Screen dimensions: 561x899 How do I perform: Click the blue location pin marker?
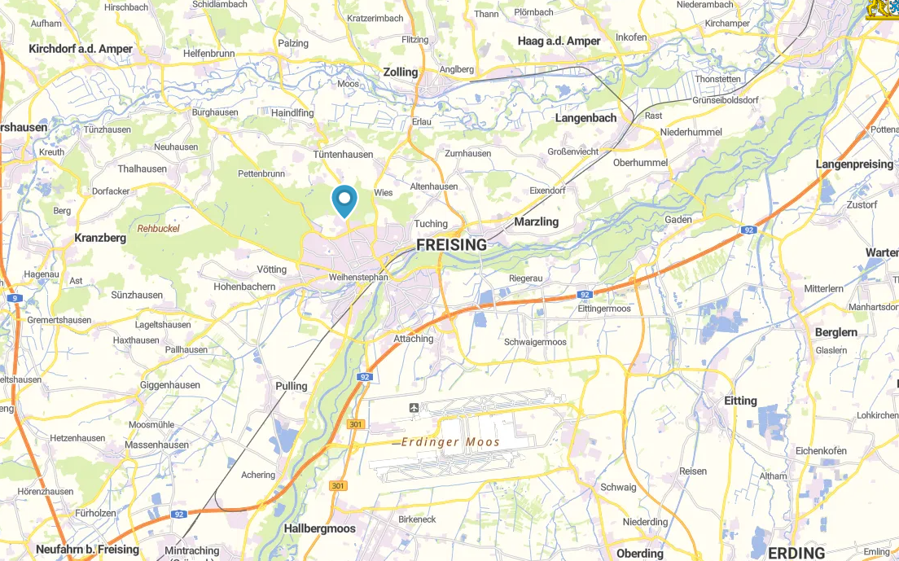point(345,200)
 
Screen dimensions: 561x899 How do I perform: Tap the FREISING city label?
point(451,244)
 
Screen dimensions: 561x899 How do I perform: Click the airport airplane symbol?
point(414,407)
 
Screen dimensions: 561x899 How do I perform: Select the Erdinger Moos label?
point(450,442)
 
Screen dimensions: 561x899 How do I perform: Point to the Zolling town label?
point(400,72)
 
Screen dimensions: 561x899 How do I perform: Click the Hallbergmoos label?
point(319,528)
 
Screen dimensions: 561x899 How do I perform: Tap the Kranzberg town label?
point(100,238)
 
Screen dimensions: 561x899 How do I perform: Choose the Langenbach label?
point(585,117)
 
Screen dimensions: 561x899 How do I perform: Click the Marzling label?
point(536,221)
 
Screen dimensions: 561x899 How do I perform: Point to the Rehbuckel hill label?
point(158,229)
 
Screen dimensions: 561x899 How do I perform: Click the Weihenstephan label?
point(357,277)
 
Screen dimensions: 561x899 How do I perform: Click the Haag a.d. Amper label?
point(559,41)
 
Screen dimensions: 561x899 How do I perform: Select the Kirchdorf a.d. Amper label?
point(80,49)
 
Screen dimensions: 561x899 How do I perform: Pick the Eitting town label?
point(740,401)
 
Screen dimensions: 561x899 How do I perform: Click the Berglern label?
point(836,332)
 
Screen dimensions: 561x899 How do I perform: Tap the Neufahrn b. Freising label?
point(87,550)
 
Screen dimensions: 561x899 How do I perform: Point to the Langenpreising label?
point(854,164)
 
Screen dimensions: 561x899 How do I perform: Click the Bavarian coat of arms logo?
point(882,8)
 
